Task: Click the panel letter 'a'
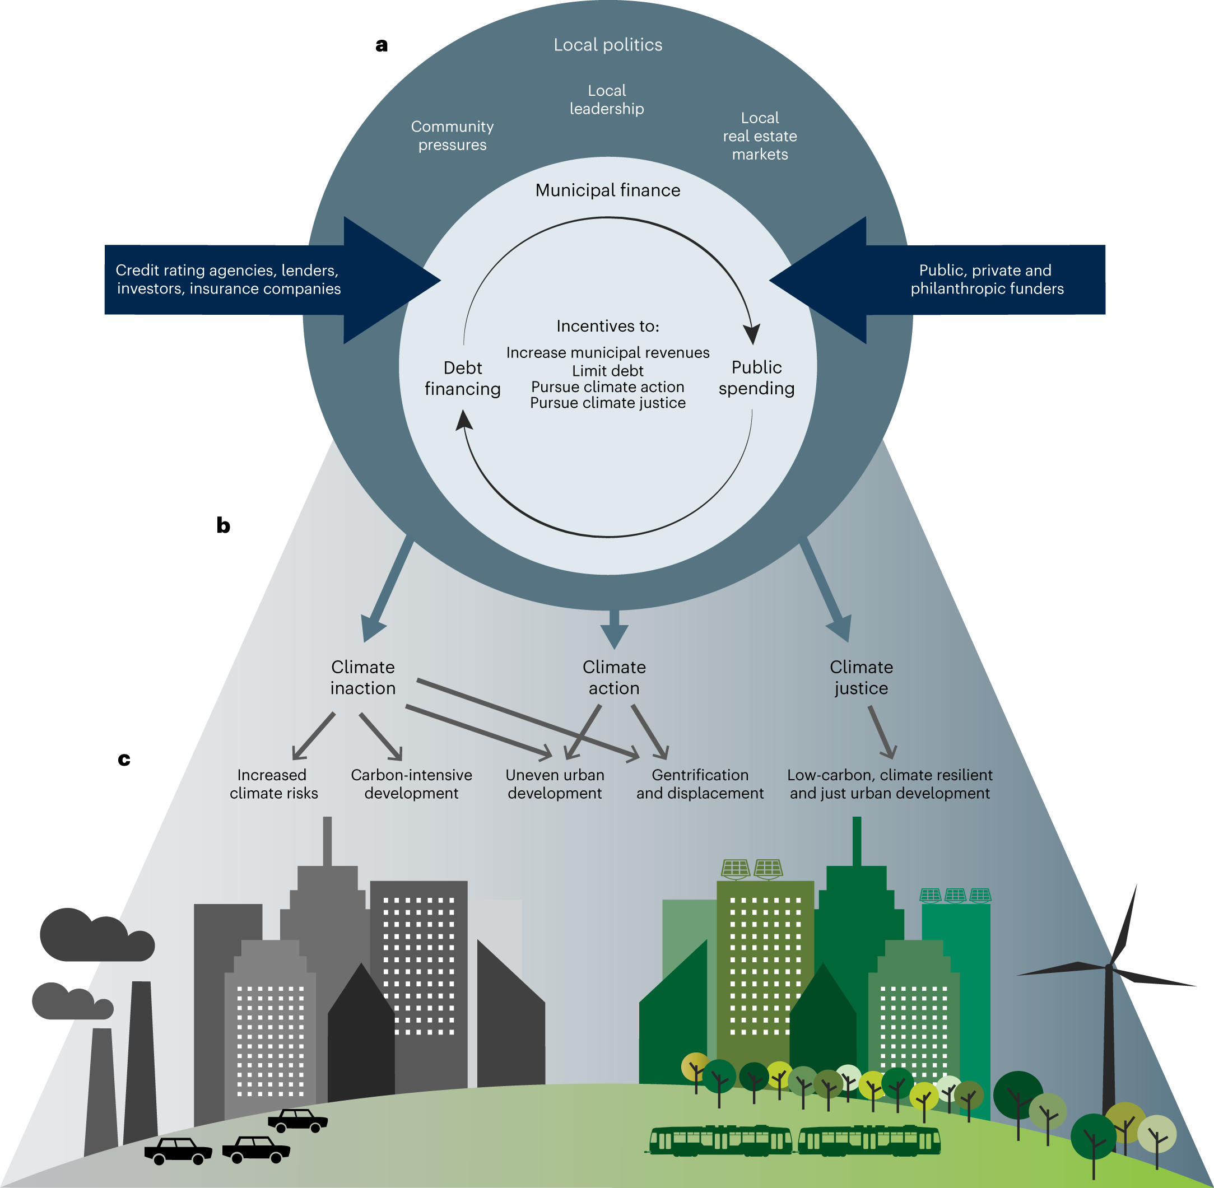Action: coord(382,45)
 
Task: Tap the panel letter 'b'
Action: coord(223,525)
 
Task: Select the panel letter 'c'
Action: coord(124,760)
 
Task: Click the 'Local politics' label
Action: coord(608,45)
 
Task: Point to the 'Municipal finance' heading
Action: coord(608,190)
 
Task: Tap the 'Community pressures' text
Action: coord(453,136)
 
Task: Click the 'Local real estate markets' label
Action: coord(760,136)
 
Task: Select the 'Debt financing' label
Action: coord(463,378)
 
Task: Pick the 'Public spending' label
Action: coord(756,378)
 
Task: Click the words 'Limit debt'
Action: coord(608,371)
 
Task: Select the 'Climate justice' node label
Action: coord(862,678)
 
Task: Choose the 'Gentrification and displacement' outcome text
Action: coord(700,784)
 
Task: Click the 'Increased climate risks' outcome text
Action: coord(273,784)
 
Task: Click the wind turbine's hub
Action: coord(1109,968)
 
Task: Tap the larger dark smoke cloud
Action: coord(94,936)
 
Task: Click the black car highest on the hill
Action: coord(297,1121)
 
